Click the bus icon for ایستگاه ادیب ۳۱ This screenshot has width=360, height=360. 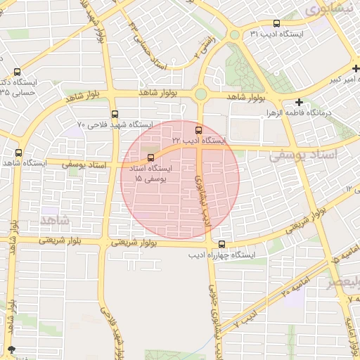click(275, 22)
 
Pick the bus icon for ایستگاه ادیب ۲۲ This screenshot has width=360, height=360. click(198, 129)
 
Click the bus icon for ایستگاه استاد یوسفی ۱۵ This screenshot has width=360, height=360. click(150, 157)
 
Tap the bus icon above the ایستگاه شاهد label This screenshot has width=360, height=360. click(18, 152)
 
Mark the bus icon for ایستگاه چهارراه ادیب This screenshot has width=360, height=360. click(222, 244)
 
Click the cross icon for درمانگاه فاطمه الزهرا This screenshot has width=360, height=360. click(300, 102)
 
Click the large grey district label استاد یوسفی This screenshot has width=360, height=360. click(304, 153)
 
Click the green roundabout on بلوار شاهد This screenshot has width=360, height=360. click(201, 94)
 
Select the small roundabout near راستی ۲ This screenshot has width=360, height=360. click(234, 34)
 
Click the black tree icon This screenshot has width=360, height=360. click(11, 349)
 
